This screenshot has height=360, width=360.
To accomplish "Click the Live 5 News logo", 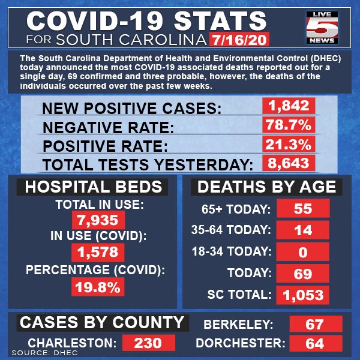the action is pyautogui.click(x=322, y=28).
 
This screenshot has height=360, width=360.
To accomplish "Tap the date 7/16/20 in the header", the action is pyautogui.click(x=239, y=40).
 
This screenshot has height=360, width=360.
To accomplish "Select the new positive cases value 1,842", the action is pyautogui.click(x=289, y=106).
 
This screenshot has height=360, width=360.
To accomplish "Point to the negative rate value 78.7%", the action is pyautogui.click(x=289, y=125).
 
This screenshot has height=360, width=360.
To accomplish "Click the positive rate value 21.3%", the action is pyautogui.click(x=289, y=144).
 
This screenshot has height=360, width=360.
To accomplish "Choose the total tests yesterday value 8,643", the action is pyautogui.click(x=289, y=163).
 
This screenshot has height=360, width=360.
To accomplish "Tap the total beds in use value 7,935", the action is pyautogui.click(x=98, y=220).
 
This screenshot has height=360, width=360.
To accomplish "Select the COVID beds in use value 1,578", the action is pyautogui.click(x=98, y=252).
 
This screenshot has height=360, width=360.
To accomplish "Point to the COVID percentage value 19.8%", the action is pyautogui.click(x=98, y=287).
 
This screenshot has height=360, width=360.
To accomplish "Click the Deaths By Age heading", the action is pyautogui.click(x=266, y=187).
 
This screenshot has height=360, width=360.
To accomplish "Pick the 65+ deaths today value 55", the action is pyautogui.click(x=303, y=208).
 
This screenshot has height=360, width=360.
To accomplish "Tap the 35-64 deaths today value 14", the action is pyautogui.click(x=303, y=230).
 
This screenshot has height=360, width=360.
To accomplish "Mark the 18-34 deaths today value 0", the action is pyautogui.click(x=303, y=251).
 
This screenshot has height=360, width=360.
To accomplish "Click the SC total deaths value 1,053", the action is pyautogui.click(x=303, y=295).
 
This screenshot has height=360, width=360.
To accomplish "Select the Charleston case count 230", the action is pyautogui.click(x=149, y=343).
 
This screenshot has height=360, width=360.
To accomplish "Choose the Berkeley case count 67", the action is pyautogui.click(x=316, y=324).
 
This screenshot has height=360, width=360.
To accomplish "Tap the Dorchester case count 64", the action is pyautogui.click(x=316, y=343).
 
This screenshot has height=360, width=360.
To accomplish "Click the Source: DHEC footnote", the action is pyautogui.click(x=45, y=353).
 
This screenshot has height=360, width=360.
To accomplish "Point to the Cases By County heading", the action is pyautogui.click(x=103, y=323).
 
